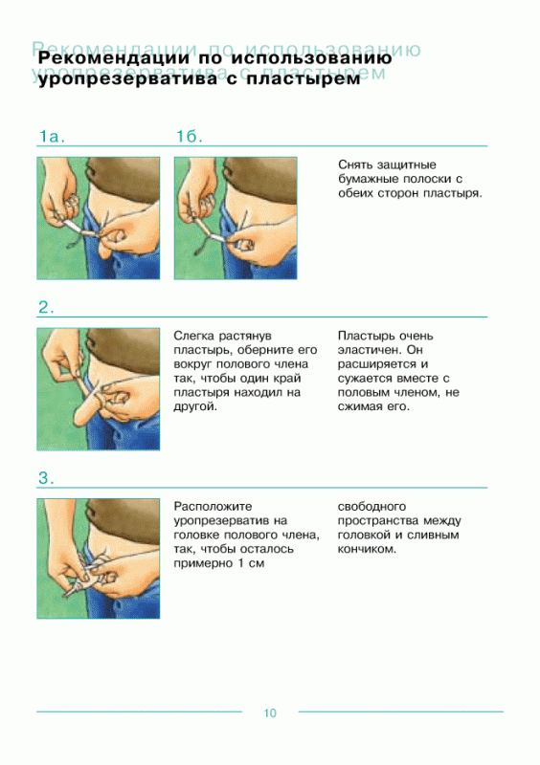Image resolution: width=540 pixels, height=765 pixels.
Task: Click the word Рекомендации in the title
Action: tap(113, 58)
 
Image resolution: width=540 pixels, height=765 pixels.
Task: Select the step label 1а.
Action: tap(52, 137)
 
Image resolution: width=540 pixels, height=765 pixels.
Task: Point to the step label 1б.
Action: tap(189, 136)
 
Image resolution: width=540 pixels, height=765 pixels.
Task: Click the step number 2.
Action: tap(46, 307)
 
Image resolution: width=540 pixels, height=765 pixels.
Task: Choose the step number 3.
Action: tap(46, 478)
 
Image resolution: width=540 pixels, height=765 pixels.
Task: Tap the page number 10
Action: tap(270, 713)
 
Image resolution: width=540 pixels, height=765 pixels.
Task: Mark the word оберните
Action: tap(272, 350)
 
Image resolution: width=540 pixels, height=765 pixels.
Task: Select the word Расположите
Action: tap(214, 507)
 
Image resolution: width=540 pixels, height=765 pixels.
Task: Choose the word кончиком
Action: tap(367, 549)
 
